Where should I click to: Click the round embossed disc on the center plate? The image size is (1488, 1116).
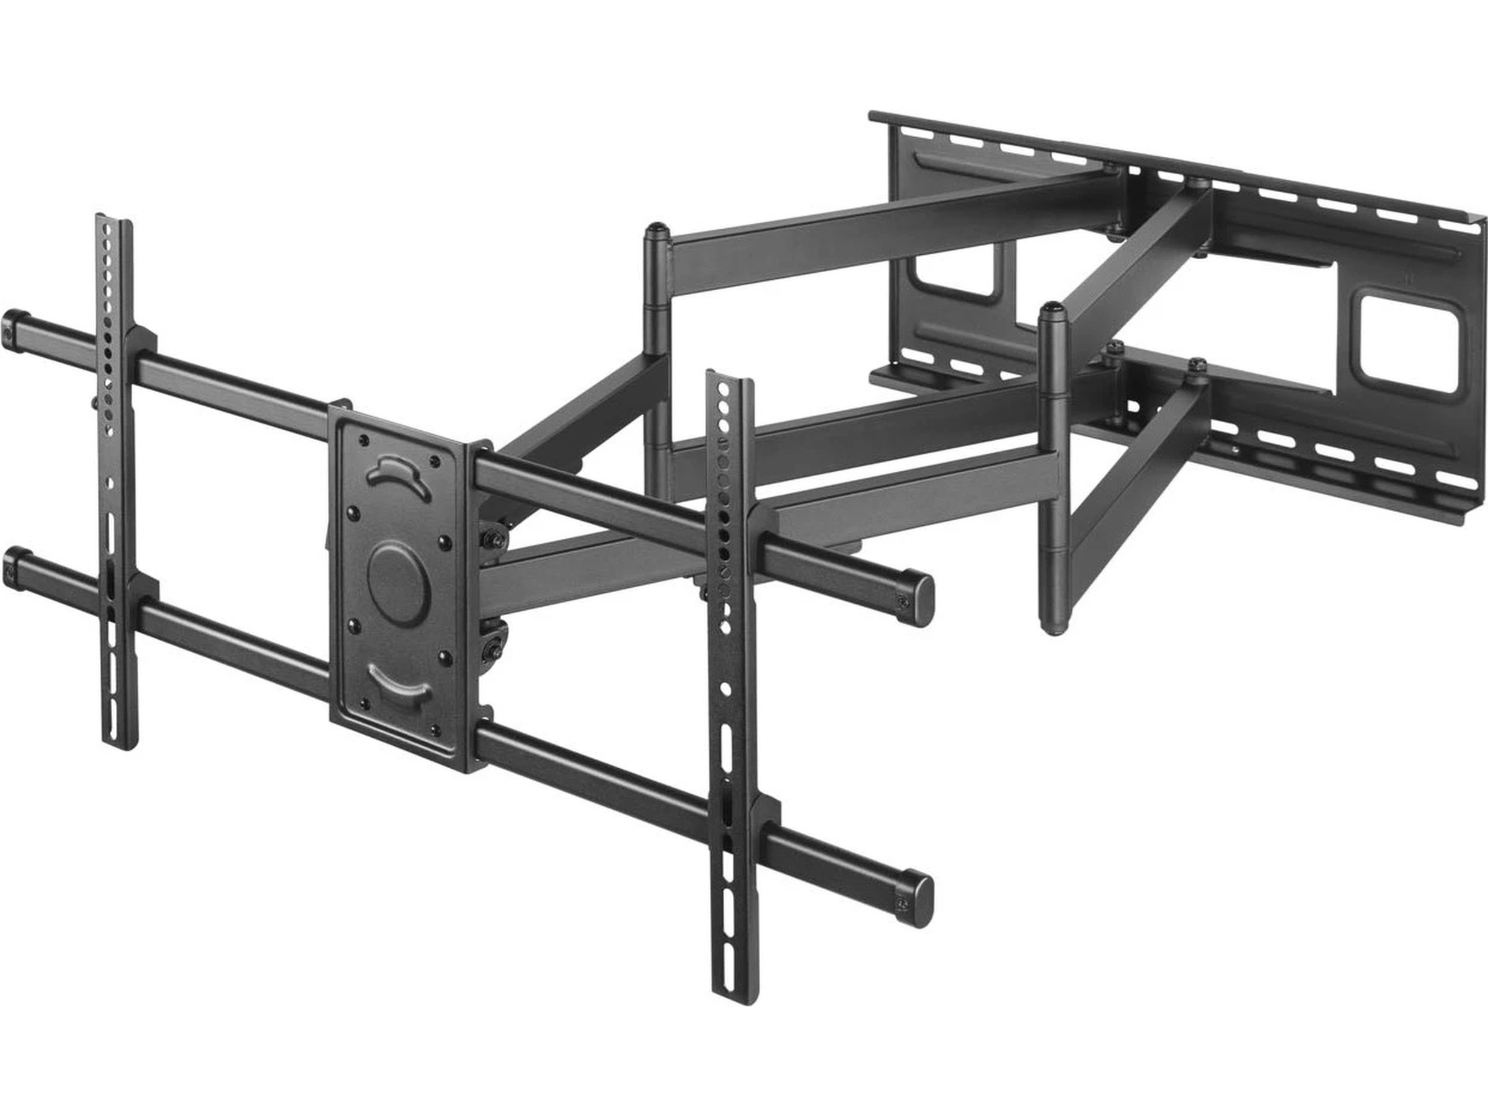pyautogui.click(x=396, y=583)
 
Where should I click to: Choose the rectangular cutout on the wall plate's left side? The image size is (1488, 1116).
pyautogui.click(x=955, y=270)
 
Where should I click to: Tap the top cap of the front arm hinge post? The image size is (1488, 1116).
pyautogui.click(x=1052, y=311)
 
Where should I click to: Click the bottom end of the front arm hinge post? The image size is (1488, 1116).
pyautogui.click(x=1053, y=629)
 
